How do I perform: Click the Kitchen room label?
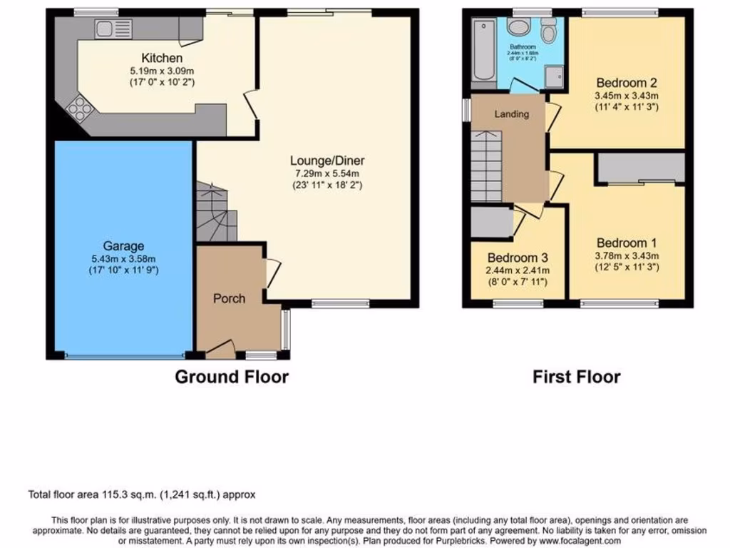tap(161, 58)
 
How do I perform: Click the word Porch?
tap(229, 298)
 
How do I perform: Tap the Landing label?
tap(512, 114)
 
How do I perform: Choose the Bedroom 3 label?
tap(518, 258)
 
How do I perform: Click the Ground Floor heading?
tap(232, 376)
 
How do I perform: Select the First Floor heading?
tap(576, 376)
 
